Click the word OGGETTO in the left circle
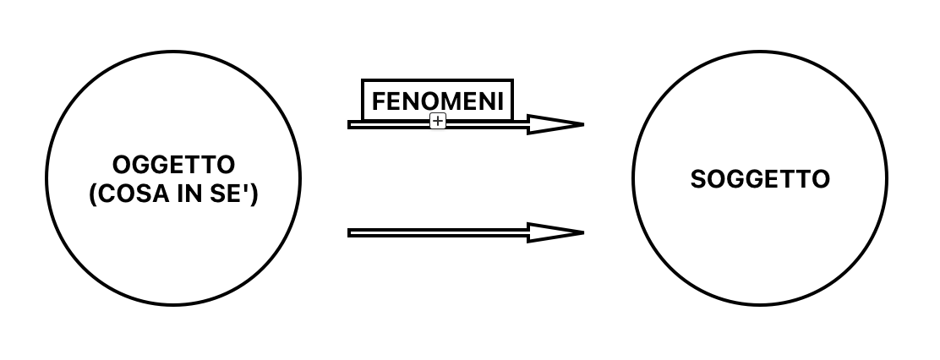pos(173,165)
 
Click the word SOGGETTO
pos(760,179)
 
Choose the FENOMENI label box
pos(438,101)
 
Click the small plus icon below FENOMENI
pos(438,121)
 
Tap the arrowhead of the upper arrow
pos(555,124)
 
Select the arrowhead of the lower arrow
pos(555,232)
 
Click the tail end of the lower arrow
pos(349,232)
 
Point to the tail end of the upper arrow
pos(349,124)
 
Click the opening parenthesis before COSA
pos(92,194)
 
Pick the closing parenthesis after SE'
pos(254,194)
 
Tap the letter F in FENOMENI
pos(379,101)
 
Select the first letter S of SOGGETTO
pos(697,179)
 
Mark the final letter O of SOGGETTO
pos(822,179)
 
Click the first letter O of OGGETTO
pos(122,165)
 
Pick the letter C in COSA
pos(106,194)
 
